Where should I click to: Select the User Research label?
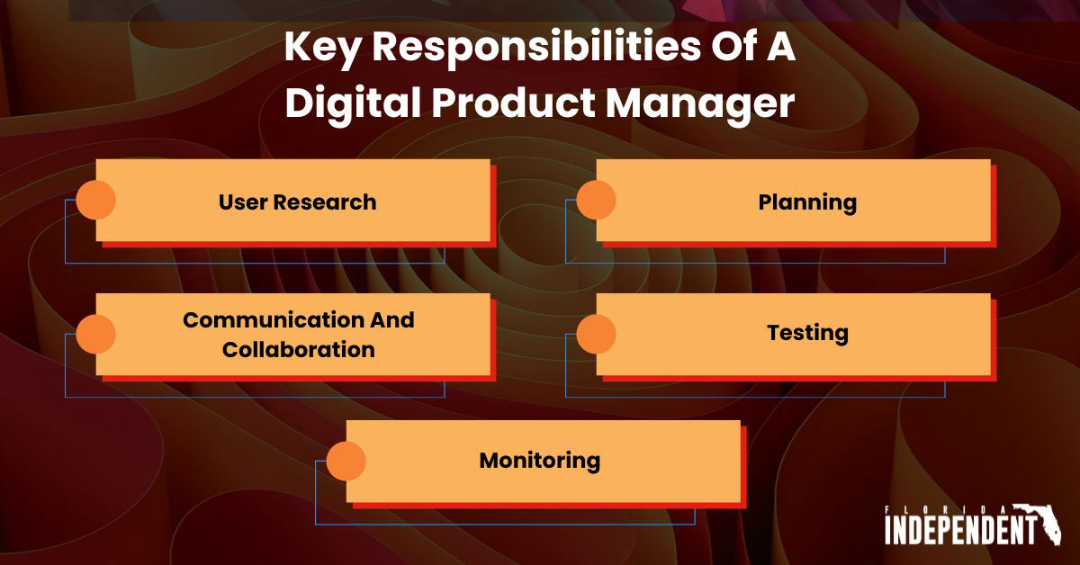click(x=297, y=202)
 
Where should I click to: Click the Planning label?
click(x=807, y=202)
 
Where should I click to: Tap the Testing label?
click(x=807, y=333)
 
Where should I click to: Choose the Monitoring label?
click(x=539, y=461)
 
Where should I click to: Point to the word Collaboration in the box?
click(x=299, y=349)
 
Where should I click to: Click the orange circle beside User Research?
click(x=95, y=200)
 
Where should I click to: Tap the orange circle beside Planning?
click(x=596, y=200)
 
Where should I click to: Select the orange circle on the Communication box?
click(x=95, y=334)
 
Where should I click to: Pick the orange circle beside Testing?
click(x=596, y=334)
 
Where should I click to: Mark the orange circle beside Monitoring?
click(x=346, y=462)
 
